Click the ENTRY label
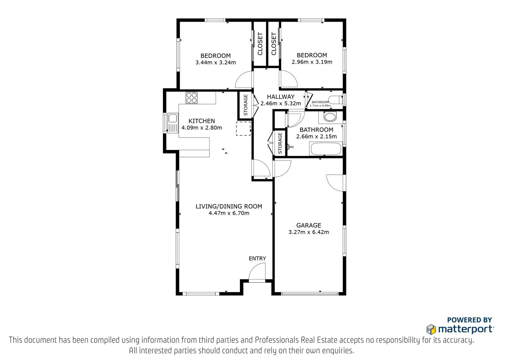(x=257, y=258)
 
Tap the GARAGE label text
(x=309, y=225)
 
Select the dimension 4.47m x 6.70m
(x=229, y=213)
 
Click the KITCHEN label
(x=202, y=121)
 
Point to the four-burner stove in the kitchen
(x=192, y=98)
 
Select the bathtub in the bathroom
(x=326, y=149)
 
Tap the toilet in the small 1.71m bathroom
(x=336, y=100)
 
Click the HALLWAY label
(x=281, y=97)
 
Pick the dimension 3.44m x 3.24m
(x=216, y=62)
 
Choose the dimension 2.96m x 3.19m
(x=312, y=62)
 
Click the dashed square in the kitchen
(x=243, y=129)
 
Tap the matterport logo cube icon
(x=431, y=329)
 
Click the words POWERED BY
(x=470, y=320)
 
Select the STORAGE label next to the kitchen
(x=245, y=105)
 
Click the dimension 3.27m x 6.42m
(x=309, y=232)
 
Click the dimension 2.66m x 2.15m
(x=316, y=137)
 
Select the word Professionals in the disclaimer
(x=277, y=340)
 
